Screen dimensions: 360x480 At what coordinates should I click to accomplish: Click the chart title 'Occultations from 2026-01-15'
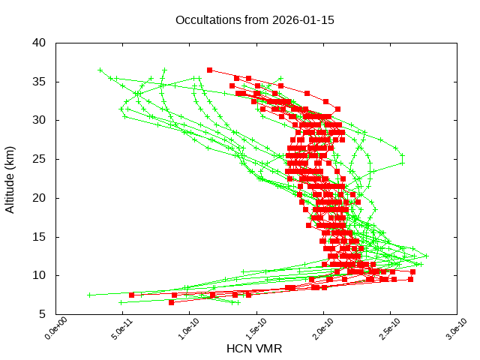click(254, 19)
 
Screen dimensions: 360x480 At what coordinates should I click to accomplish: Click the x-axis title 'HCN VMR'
click(254, 349)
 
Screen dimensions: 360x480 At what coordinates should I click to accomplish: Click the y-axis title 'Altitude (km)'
click(10, 178)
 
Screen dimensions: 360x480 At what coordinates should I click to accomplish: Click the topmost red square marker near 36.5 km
click(210, 70)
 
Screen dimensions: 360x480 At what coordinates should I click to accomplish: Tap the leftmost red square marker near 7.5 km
click(132, 295)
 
